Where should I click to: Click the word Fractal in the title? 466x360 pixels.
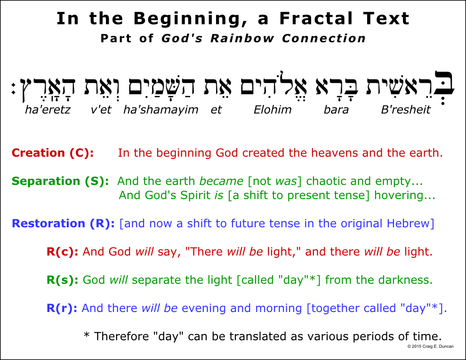click(316, 18)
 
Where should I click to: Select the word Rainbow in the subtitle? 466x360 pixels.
click(242, 38)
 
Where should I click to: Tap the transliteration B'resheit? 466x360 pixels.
click(406, 110)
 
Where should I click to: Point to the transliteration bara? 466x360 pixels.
click(336, 110)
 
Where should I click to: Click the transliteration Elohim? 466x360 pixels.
click(273, 110)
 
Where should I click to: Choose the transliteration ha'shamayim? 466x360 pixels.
click(161, 110)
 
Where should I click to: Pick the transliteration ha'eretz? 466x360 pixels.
click(48, 110)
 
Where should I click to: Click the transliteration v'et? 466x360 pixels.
click(101, 110)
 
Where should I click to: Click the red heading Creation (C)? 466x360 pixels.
click(53, 152)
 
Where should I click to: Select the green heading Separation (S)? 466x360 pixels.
click(60, 181)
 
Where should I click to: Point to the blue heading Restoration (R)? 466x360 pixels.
click(63, 224)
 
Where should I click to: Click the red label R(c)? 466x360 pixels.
click(63, 252)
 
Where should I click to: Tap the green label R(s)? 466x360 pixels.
click(63, 280)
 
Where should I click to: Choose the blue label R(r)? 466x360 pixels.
click(62, 308)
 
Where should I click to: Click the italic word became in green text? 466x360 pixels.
click(221, 181)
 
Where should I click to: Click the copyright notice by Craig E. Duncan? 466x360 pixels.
click(430, 346)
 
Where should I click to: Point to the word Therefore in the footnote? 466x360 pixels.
click(121, 336)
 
